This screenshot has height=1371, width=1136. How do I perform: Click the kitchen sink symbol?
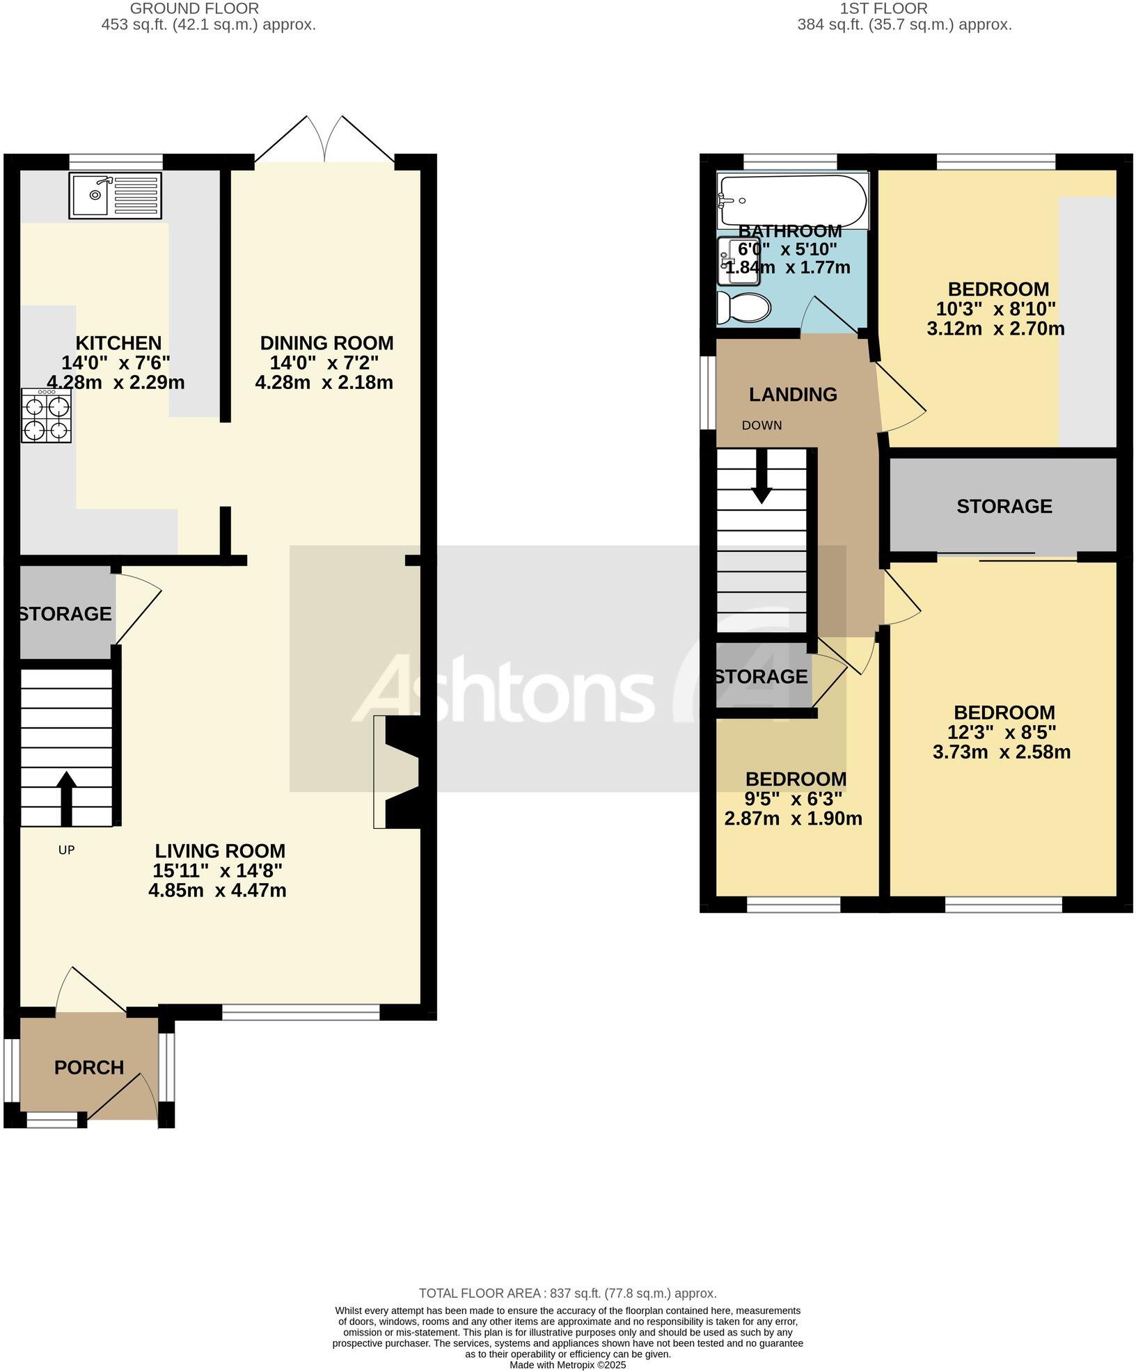click(x=115, y=196)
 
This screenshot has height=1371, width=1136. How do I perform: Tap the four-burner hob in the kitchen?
click(x=46, y=415)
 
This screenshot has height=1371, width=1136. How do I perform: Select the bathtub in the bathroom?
click(x=793, y=201)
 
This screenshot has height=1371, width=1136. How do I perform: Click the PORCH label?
click(x=89, y=1068)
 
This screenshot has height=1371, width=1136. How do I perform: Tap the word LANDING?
click(x=793, y=395)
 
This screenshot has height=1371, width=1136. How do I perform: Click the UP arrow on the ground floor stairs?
click(x=66, y=798)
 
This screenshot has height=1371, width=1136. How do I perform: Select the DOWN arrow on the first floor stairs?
click(x=762, y=477)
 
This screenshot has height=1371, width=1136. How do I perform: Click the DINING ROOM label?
click(x=326, y=343)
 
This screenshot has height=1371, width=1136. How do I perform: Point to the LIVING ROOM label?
click(x=220, y=851)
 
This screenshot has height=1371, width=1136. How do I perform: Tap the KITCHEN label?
click(x=118, y=343)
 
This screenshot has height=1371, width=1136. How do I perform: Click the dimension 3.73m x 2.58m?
click(x=1002, y=752)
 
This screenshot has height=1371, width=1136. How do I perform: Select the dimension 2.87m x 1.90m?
click(x=793, y=819)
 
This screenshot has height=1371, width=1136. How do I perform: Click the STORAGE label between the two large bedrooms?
click(x=1004, y=507)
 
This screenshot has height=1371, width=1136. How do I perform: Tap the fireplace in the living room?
click(x=398, y=772)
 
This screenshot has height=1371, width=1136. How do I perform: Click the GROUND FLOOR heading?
click(x=194, y=9)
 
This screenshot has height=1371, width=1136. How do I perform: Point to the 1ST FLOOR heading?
click(x=883, y=9)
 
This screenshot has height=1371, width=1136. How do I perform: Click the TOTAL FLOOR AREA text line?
click(x=567, y=1294)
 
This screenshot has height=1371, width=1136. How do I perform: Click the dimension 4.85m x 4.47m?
click(x=217, y=891)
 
